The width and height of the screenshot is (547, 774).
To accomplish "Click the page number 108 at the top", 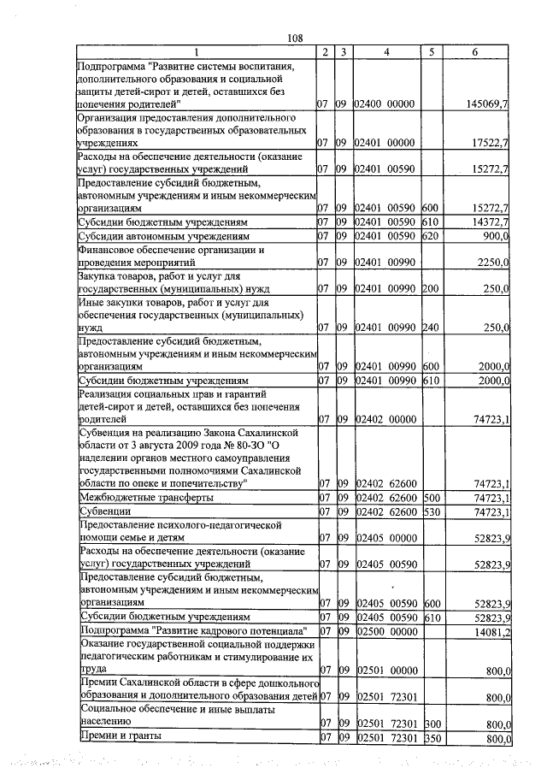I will pyautogui.click(x=296, y=38).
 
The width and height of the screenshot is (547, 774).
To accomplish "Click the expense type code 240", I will pyautogui.click(x=430, y=327).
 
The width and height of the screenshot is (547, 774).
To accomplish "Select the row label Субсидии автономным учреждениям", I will pyautogui.click(x=163, y=235).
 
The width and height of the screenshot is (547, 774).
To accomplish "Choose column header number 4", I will pyautogui.click(x=386, y=52).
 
